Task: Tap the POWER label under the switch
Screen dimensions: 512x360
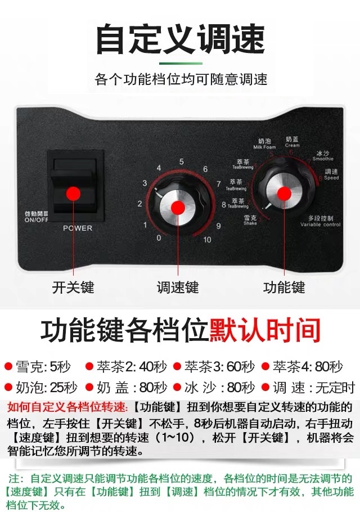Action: click(77, 228)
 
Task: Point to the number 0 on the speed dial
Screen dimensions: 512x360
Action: click(159, 238)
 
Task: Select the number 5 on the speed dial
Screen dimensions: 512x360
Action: click(181, 161)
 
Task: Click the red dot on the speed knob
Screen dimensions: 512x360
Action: click(178, 208)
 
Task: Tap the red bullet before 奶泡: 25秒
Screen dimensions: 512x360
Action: click(8, 388)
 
